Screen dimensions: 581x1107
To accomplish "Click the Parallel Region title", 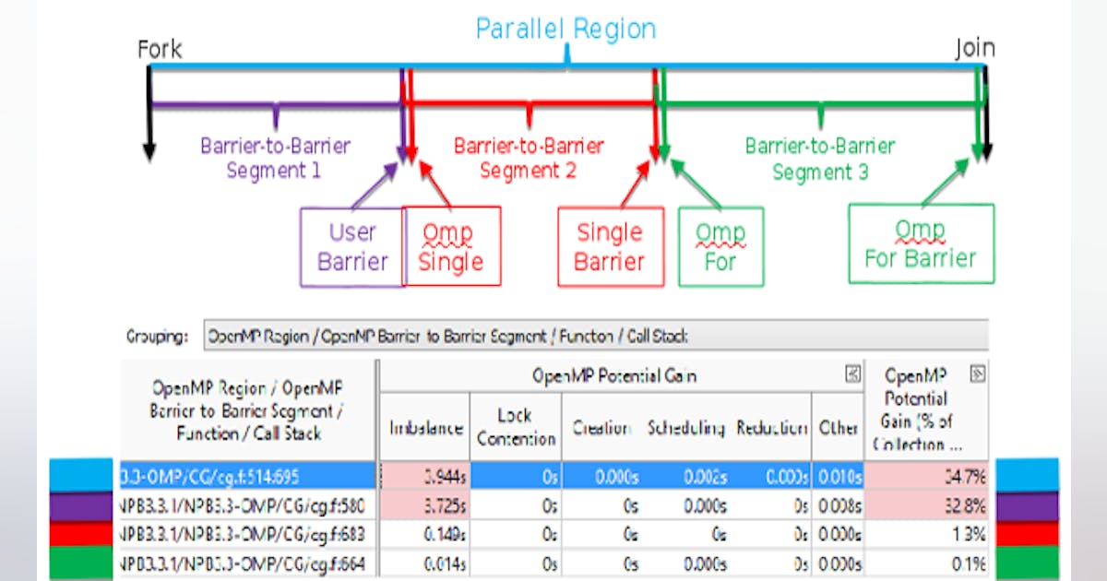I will pyautogui.click(x=565, y=29).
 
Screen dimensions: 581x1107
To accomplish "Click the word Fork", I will pyautogui.click(x=159, y=49).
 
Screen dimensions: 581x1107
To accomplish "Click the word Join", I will pyautogui.click(x=975, y=49).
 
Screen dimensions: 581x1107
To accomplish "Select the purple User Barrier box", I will pyautogui.click(x=352, y=246).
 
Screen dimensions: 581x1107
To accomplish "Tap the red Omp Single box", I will pyautogui.click(x=451, y=246).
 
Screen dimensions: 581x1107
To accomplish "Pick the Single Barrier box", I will pyautogui.click(x=610, y=246).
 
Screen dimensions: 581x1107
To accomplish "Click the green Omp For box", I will pyautogui.click(x=720, y=246).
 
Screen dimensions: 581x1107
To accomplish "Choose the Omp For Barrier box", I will pyautogui.click(x=920, y=243).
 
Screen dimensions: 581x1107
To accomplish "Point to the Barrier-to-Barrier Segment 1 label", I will pyautogui.click(x=275, y=159).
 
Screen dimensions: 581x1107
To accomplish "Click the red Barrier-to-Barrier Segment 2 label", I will pyautogui.click(x=529, y=159).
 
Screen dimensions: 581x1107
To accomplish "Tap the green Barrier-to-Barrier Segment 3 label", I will pyautogui.click(x=819, y=159).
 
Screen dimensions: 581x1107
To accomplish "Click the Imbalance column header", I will pyautogui.click(x=425, y=428).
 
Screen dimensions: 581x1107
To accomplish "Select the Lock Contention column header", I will pyautogui.click(x=517, y=427).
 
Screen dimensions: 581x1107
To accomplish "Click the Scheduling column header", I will pyautogui.click(x=685, y=428).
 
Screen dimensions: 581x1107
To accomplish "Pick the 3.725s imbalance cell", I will pyautogui.click(x=424, y=505).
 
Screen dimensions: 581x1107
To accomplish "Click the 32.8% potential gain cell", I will pyautogui.click(x=926, y=505).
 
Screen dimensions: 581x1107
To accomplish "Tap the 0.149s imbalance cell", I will pyautogui.click(x=424, y=534).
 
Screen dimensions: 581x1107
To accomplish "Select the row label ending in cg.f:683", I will pyautogui.click(x=247, y=534).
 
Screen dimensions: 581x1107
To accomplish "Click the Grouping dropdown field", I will pyautogui.click(x=595, y=337).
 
